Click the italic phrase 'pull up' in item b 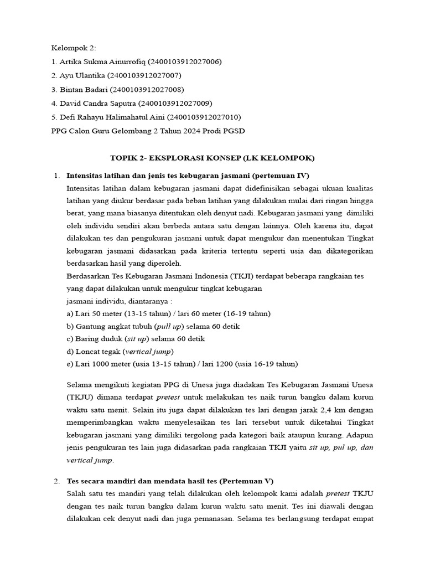[170, 326]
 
